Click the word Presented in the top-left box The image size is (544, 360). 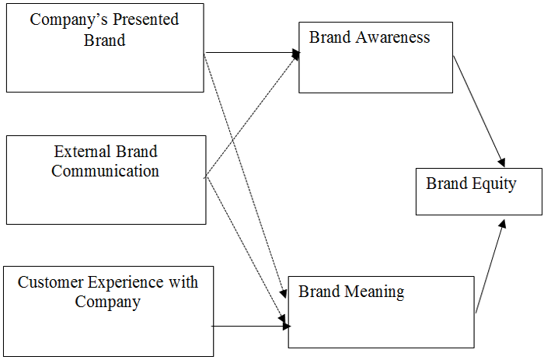[x=142, y=19]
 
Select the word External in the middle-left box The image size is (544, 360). [x=83, y=151]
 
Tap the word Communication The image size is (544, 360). [x=105, y=171]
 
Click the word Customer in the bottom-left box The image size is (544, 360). [x=50, y=282]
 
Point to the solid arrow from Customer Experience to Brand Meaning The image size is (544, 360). [x=249, y=327]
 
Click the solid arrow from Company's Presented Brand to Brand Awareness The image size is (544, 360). [x=253, y=53]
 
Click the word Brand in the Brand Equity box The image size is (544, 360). [x=446, y=183]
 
